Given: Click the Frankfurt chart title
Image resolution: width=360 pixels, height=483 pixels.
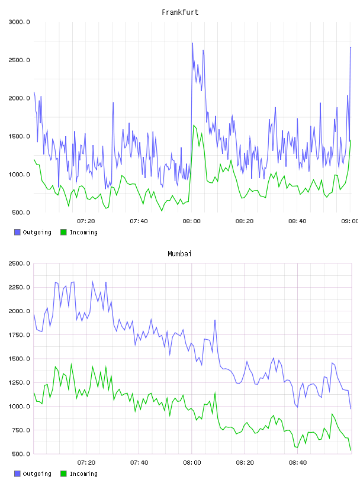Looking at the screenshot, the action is [180, 12].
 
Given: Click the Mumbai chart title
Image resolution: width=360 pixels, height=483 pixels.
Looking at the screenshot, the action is [179, 254].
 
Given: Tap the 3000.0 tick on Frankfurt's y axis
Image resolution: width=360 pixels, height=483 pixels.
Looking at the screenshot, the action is [19, 22].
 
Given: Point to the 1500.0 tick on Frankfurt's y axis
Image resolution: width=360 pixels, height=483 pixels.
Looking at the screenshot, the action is [19, 137].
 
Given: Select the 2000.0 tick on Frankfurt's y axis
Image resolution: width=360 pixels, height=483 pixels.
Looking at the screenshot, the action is [19, 98].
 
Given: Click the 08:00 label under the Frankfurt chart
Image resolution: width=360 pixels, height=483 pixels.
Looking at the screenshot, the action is [191, 221].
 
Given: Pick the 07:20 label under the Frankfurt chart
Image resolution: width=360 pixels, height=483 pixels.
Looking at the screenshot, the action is [86, 221].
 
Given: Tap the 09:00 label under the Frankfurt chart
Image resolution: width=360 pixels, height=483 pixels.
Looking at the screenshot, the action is [350, 221].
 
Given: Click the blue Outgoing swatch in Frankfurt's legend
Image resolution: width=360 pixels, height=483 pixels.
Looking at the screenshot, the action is [17, 232].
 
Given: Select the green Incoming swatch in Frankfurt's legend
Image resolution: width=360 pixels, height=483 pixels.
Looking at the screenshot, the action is [63, 232].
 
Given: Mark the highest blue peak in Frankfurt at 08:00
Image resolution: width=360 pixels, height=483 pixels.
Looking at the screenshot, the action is [192, 43].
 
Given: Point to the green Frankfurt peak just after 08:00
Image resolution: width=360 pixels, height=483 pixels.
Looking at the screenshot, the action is [194, 125].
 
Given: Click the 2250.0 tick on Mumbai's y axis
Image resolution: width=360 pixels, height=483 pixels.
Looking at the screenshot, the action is [19, 288].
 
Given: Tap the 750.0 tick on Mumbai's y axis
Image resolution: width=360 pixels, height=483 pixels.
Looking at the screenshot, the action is [19, 430].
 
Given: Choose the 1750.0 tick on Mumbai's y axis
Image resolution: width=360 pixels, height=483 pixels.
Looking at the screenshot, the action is [19, 335].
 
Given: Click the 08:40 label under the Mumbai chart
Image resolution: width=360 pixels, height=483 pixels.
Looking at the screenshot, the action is [298, 463].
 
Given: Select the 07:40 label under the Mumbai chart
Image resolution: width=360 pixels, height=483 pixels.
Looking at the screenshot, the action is [139, 463].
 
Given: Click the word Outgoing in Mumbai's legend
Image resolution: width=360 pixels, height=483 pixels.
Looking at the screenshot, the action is [37, 474].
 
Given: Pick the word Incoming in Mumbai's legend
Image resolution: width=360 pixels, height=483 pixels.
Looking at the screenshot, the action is [83, 474].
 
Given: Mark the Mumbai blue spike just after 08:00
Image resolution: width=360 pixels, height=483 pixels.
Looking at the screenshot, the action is [215, 320].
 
